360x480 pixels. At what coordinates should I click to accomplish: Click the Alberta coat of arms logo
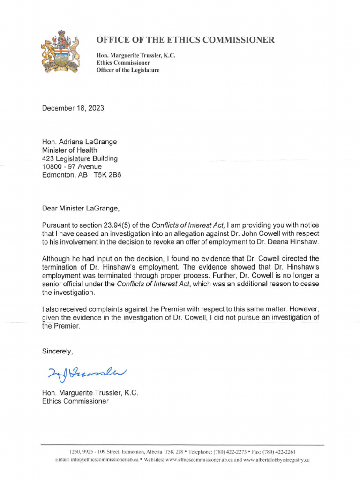[60, 52]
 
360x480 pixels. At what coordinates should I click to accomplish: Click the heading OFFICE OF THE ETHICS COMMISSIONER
[186, 40]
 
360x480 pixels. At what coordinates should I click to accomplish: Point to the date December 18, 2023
[73, 108]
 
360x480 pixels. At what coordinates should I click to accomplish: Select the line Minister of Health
[69, 150]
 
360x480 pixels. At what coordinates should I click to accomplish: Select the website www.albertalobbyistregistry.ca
[276, 460]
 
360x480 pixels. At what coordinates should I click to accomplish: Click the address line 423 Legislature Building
[80, 158]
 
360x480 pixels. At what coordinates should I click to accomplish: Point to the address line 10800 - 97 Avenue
[72, 166]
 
